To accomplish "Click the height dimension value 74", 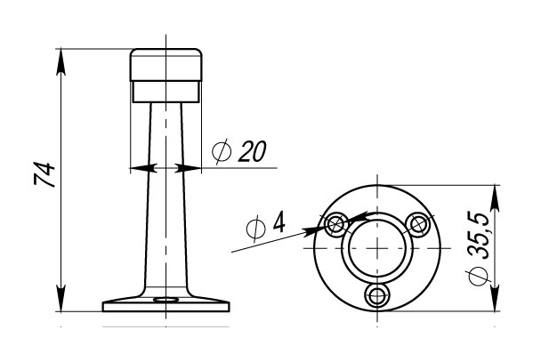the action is click(x=44, y=174).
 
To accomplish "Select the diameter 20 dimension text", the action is click(x=239, y=151).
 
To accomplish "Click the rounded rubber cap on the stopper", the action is click(x=166, y=65).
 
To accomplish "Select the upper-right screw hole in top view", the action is click(x=418, y=224).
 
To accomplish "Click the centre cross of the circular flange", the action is click(x=377, y=248).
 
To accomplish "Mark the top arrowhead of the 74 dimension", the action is click(x=61, y=61).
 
